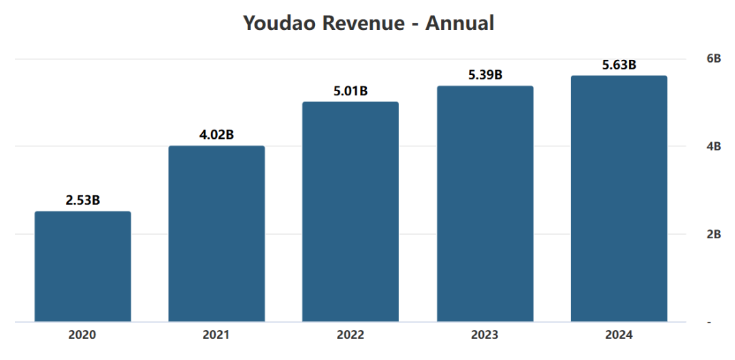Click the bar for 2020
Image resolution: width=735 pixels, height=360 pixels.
click(x=83, y=267)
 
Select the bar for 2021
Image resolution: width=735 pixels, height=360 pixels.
click(x=216, y=233)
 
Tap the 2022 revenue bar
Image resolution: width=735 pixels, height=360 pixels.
click(x=350, y=212)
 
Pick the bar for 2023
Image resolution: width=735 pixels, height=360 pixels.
click(x=485, y=203)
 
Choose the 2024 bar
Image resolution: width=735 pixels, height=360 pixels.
click(x=619, y=198)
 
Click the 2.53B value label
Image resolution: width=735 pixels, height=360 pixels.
click(x=83, y=200)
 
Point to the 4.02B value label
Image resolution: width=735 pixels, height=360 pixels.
click(x=216, y=135)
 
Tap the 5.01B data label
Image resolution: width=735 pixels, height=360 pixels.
click(x=350, y=91)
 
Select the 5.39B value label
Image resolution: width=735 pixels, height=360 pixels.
click(x=485, y=75)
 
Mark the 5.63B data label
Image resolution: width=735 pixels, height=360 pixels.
click(x=619, y=65)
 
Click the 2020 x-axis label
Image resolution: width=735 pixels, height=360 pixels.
click(x=83, y=336)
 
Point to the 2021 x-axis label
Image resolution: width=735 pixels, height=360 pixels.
click(x=216, y=336)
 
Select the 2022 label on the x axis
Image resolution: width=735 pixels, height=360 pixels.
click(x=350, y=336)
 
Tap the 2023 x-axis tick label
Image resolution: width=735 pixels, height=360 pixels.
click(x=485, y=336)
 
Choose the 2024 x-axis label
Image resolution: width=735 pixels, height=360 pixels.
click(x=619, y=336)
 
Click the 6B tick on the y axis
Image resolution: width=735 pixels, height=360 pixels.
click(x=713, y=59)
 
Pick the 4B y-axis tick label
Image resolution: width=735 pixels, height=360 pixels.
click(x=713, y=146)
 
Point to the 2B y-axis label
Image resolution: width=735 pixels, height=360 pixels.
click(x=713, y=234)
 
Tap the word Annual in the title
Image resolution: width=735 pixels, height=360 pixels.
click(x=459, y=23)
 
